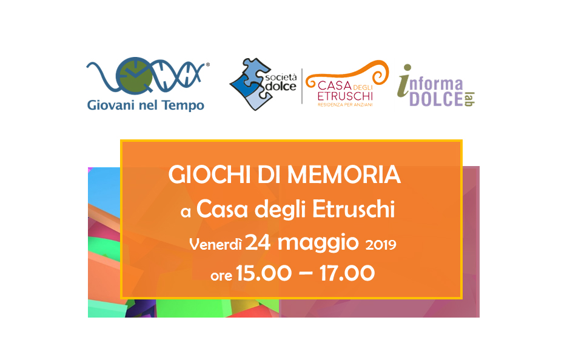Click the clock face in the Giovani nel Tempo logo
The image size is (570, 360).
(x=134, y=75)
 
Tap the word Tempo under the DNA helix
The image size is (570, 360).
(x=183, y=105)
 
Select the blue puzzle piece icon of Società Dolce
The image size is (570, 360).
(x=250, y=84)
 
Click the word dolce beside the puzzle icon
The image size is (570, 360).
(x=281, y=87)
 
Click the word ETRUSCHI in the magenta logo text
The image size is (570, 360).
(x=345, y=96)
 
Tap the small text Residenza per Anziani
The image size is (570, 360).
(x=345, y=105)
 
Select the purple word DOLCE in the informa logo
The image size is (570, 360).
(x=436, y=99)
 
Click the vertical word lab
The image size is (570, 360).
(x=469, y=99)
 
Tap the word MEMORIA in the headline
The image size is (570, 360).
(x=344, y=175)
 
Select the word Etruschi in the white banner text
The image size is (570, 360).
(x=354, y=209)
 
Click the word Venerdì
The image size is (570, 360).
(x=215, y=244)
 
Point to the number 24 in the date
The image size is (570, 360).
(x=258, y=242)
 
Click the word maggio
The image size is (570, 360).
(x=318, y=244)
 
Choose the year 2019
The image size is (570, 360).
(x=381, y=245)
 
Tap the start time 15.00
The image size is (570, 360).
(x=264, y=273)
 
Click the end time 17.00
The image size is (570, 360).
(x=347, y=273)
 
